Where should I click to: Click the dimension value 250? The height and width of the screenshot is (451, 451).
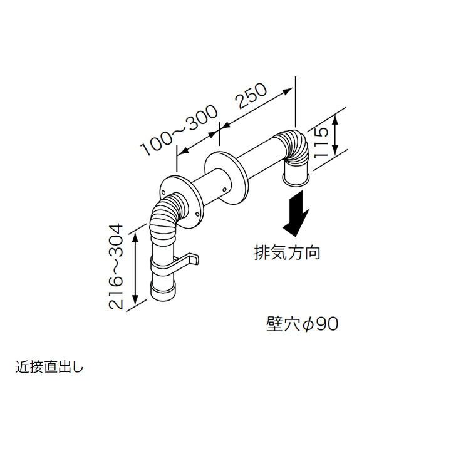(251, 96)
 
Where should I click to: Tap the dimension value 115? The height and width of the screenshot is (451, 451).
(321, 143)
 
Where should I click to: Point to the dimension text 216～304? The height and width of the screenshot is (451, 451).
(116, 267)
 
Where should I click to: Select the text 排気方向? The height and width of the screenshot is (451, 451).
(287, 253)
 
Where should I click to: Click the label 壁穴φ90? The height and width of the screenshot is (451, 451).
(302, 324)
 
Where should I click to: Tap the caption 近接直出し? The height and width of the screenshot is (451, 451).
(49, 367)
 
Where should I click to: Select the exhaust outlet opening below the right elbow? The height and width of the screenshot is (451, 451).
(296, 180)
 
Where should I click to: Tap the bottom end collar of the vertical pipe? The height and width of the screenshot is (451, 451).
(163, 291)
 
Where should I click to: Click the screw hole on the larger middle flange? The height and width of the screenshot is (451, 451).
(224, 189)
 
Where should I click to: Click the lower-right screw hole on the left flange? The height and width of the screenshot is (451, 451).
(197, 214)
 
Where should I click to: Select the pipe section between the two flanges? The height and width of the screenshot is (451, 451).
(212, 189)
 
